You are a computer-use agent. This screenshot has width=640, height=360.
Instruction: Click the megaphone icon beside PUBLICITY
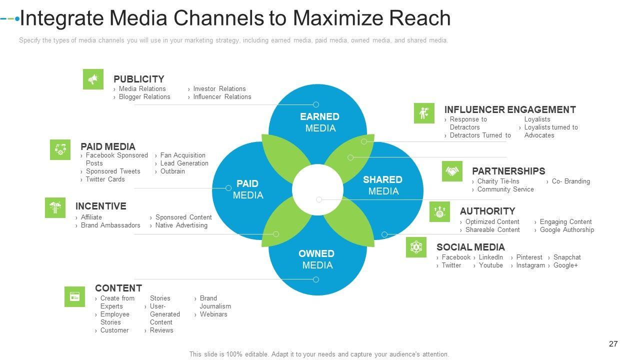pyautogui.click(x=93, y=79)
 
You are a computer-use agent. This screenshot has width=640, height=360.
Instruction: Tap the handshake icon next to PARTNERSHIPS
pyautogui.click(x=452, y=171)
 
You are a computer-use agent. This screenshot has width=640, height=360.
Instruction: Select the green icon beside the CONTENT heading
pyautogui.click(x=74, y=296)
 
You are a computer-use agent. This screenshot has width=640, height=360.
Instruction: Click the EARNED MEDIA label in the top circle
pyautogui.click(x=320, y=122)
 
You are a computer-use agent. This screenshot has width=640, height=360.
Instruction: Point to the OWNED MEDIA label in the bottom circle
pyautogui.click(x=317, y=259)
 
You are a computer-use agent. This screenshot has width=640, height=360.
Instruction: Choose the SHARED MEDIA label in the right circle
pyautogui.click(x=383, y=185)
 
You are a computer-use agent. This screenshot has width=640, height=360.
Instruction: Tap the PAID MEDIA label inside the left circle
pyautogui.click(x=247, y=189)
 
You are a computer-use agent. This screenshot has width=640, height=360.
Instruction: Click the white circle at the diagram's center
pyautogui.click(x=317, y=190)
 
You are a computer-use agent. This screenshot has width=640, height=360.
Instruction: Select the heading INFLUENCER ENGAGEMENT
pyautogui.click(x=510, y=109)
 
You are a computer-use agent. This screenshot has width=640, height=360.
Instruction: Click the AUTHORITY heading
pyautogui.click(x=487, y=211)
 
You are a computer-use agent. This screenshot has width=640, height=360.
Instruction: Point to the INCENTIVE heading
pyautogui.click(x=100, y=206)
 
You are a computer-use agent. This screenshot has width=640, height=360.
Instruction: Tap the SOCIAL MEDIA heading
pyautogui.click(x=470, y=247)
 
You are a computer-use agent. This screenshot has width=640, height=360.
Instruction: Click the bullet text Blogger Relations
pyautogui.click(x=144, y=97)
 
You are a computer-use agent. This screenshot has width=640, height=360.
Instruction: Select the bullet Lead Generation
pyautogui.click(x=184, y=163)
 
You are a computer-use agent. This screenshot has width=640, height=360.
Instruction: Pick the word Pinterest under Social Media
pyautogui.click(x=529, y=257)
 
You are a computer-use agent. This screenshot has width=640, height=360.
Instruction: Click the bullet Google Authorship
pyautogui.click(x=566, y=230)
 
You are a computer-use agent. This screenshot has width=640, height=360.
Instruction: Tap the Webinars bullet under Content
pyautogui.click(x=213, y=314)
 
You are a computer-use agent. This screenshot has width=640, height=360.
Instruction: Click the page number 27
pyautogui.click(x=613, y=343)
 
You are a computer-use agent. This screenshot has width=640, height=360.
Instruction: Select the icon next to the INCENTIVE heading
pyautogui.click(x=55, y=207)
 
